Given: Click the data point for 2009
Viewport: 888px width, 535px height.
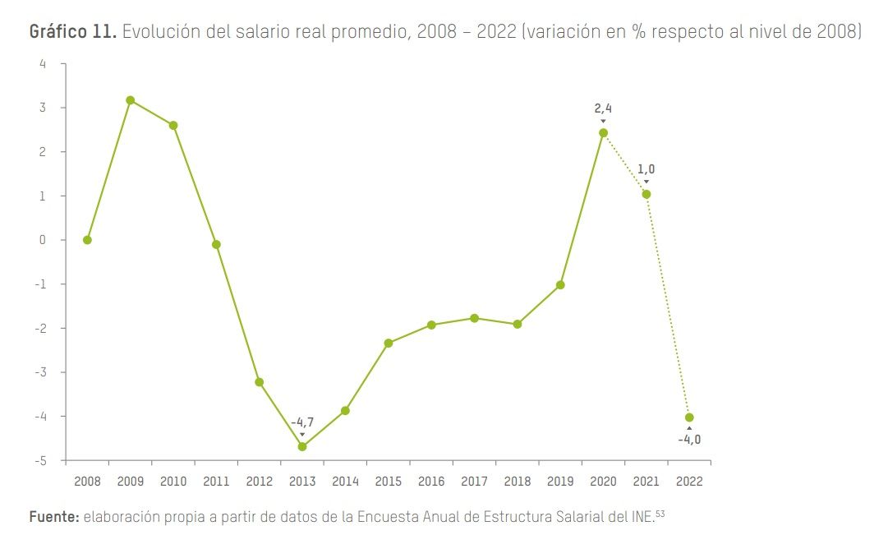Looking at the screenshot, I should point(130,100).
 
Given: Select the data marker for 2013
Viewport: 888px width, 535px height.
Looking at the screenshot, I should point(302,446).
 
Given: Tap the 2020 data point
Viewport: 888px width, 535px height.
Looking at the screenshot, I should point(603,132).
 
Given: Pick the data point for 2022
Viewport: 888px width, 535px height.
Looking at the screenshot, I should point(689,417).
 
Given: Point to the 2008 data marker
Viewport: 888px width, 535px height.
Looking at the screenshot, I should point(87,240).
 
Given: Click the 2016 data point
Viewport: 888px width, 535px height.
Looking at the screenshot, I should point(431,325).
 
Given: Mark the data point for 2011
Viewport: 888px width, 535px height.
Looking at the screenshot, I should point(216,244).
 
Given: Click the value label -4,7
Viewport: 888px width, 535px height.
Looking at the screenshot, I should point(302,422).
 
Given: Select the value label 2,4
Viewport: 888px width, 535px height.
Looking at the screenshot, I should point(603,108).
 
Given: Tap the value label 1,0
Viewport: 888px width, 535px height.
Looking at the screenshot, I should point(646,169).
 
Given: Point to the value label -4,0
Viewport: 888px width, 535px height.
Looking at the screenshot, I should point(689,439).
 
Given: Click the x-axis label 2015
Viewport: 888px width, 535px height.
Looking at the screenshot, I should point(388,482).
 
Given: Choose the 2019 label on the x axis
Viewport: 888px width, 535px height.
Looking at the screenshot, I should point(560,482).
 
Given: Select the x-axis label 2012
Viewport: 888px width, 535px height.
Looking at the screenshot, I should point(259,482).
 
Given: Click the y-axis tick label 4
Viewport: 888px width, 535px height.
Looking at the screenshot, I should point(43,64).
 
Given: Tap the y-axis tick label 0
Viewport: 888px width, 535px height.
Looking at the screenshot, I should point(43,240).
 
